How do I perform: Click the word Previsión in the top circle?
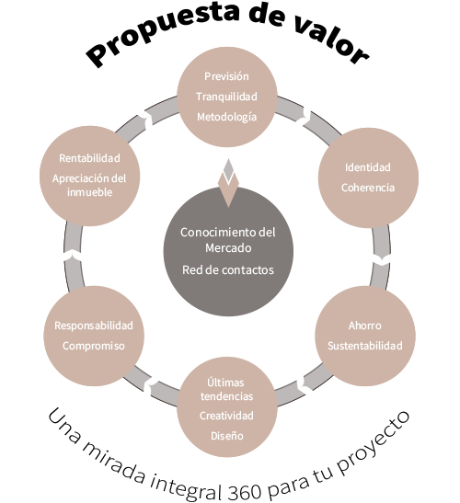[226, 76]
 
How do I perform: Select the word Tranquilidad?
[226, 97]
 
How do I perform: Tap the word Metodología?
[226, 117]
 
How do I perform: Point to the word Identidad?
[368, 167]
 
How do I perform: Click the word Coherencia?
[368, 188]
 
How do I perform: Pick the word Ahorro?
[365, 326]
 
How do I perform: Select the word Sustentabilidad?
[365, 346]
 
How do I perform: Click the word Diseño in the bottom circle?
[227, 436]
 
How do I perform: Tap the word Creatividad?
[226, 416]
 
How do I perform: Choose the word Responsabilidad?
[94, 326]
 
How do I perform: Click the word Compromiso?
[94, 346]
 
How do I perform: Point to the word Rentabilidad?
[89, 158]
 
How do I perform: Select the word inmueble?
[90, 192]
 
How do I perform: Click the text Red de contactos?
[228, 270]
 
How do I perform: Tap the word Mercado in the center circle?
[228, 248]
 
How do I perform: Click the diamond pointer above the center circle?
[228, 183]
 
